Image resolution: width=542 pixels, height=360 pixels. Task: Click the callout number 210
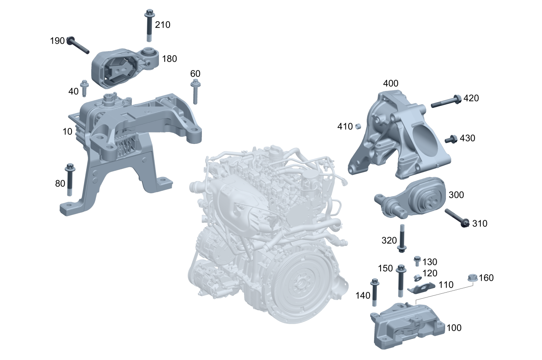coord(163,25)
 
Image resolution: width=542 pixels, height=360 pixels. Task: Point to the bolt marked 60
coord(195,92)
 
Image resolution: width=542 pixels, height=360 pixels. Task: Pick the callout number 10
coord(67,132)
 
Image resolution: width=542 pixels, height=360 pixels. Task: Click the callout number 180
coord(169,59)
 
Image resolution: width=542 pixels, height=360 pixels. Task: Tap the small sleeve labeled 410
coord(358,126)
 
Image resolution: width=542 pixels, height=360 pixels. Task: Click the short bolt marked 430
coord(450,139)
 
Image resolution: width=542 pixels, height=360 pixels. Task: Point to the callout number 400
coord(390,84)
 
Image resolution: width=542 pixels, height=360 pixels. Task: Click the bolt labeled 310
coord(456,217)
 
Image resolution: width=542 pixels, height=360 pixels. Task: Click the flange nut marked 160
coord(472,279)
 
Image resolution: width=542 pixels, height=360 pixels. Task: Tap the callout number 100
coord(454,328)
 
